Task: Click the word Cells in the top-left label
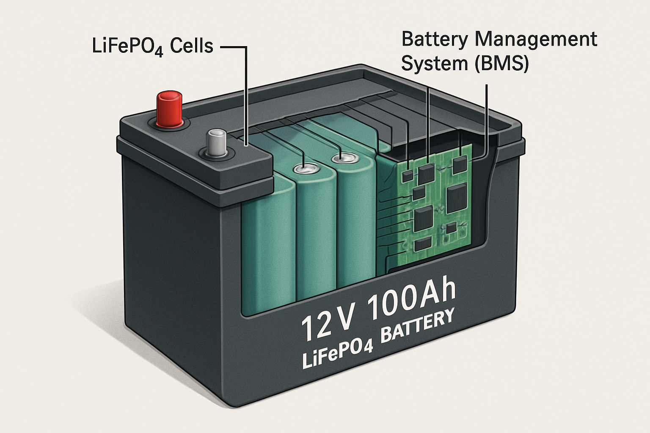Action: [191, 46]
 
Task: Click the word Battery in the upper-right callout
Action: [435, 39]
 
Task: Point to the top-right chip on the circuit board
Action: [460, 164]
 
